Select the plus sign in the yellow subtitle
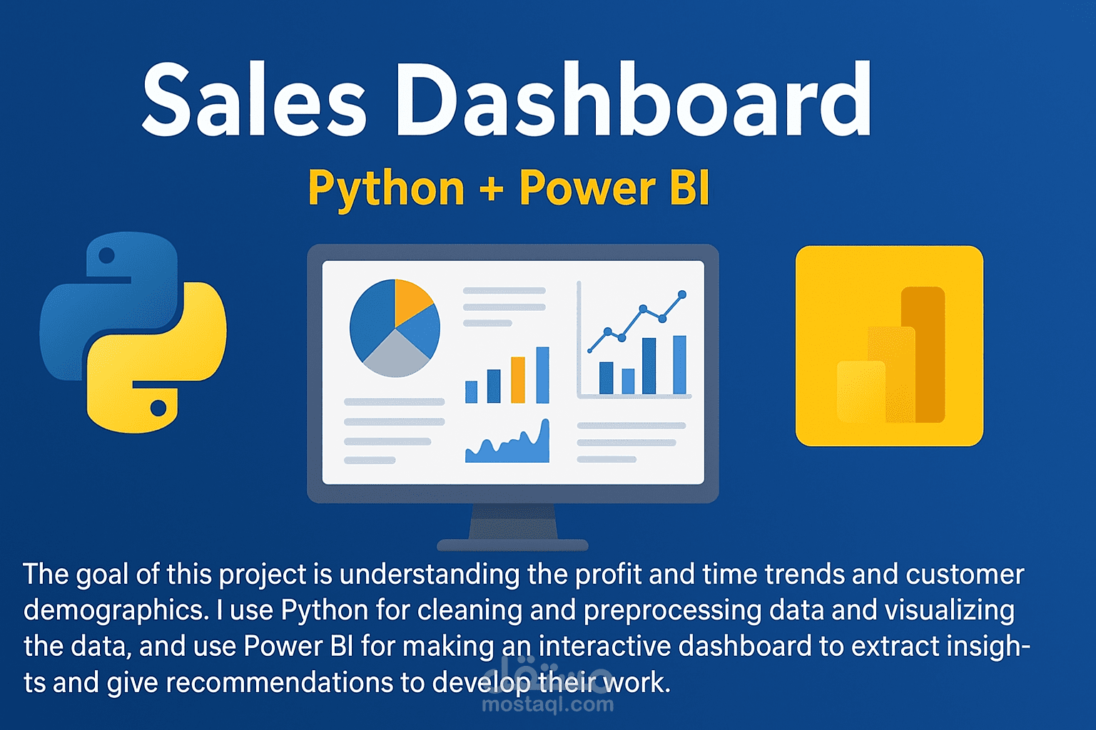click(492, 189)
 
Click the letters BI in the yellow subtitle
click(690, 188)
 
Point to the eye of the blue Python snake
click(107, 255)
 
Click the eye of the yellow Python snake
click(158, 408)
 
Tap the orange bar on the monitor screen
click(518, 379)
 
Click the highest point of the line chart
click(682, 294)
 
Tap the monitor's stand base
click(512, 545)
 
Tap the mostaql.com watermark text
click(547, 705)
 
